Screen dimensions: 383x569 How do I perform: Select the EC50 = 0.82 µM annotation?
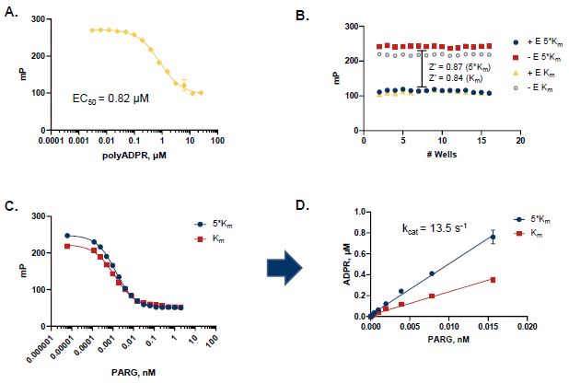(x=110, y=95)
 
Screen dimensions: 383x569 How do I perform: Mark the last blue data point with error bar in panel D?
(x=493, y=238)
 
